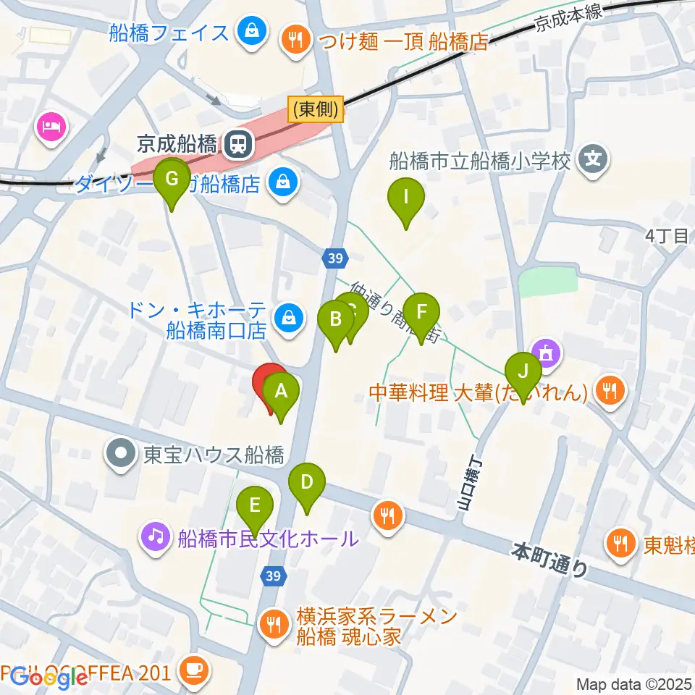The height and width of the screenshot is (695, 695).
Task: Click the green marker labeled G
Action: click(172, 180)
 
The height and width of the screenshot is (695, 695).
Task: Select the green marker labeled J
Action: click(523, 374)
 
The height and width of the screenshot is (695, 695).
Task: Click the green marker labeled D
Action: click(307, 484)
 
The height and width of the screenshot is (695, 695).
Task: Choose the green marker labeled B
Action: click(336, 321)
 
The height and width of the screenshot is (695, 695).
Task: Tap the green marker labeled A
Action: click(282, 393)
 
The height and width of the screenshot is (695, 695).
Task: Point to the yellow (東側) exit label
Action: click(316, 109)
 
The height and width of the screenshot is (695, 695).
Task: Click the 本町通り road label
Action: click(549, 560)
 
